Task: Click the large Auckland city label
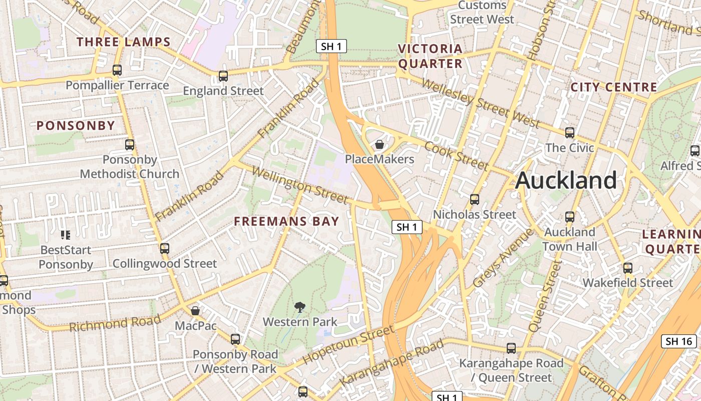[566, 180]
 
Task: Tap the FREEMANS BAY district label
[286, 221]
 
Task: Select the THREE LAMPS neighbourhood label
[124, 42]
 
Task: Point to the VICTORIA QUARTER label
[430, 56]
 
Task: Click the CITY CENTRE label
[614, 87]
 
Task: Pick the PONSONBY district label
[76, 125]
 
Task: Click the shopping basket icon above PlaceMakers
[380, 145]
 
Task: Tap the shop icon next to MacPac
[195, 311]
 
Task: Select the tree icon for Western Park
[300, 307]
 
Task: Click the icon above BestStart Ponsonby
[66, 235]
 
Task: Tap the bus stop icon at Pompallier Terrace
[117, 70]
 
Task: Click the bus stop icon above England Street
[223, 76]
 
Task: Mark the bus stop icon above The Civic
[570, 133]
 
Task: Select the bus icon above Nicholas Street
[475, 199]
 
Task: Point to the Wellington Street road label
[299, 185]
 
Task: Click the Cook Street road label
[456, 156]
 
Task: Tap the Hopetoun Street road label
[348, 345]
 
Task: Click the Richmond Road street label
[115, 323]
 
